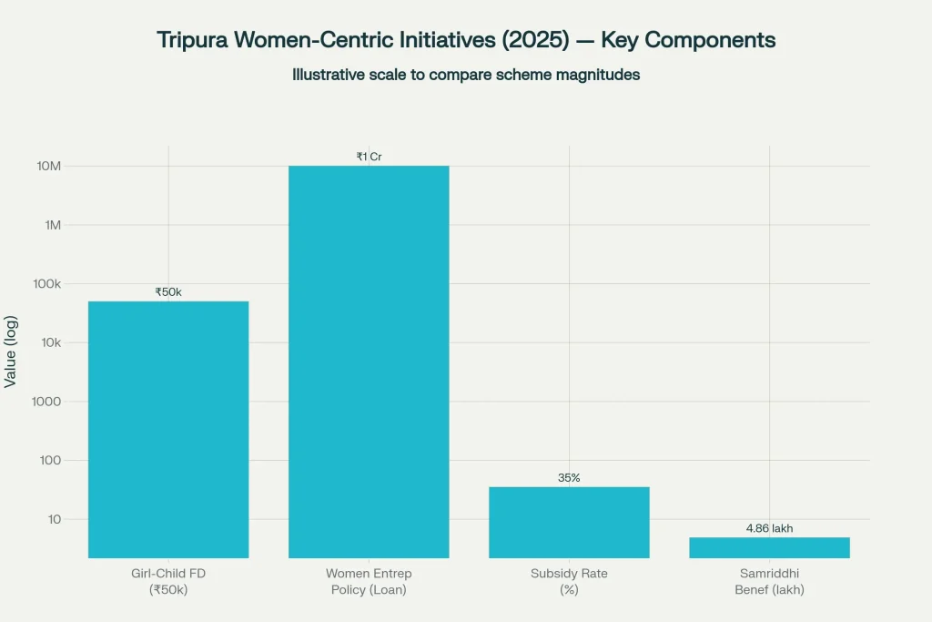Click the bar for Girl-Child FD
pyautogui.click(x=168, y=429)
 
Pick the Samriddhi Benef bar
pyautogui.click(x=769, y=547)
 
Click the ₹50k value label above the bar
pyautogui.click(x=168, y=292)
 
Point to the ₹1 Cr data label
pyautogui.click(x=369, y=157)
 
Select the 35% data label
pyautogui.click(x=569, y=478)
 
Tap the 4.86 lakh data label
pyautogui.click(x=769, y=528)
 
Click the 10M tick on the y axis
pyautogui.click(x=49, y=166)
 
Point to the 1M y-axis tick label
pyautogui.click(x=53, y=225)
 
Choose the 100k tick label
pyautogui.click(x=46, y=284)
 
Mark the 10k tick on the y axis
pyautogui.click(x=50, y=342)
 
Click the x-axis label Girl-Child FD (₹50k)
pyautogui.click(x=168, y=581)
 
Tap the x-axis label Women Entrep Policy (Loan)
pyautogui.click(x=369, y=581)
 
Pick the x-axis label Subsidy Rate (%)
pyautogui.click(x=569, y=581)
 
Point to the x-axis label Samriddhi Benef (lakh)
pyautogui.click(x=769, y=581)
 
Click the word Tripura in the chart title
pyautogui.click(x=192, y=41)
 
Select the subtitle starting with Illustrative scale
pyautogui.click(x=466, y=75)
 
